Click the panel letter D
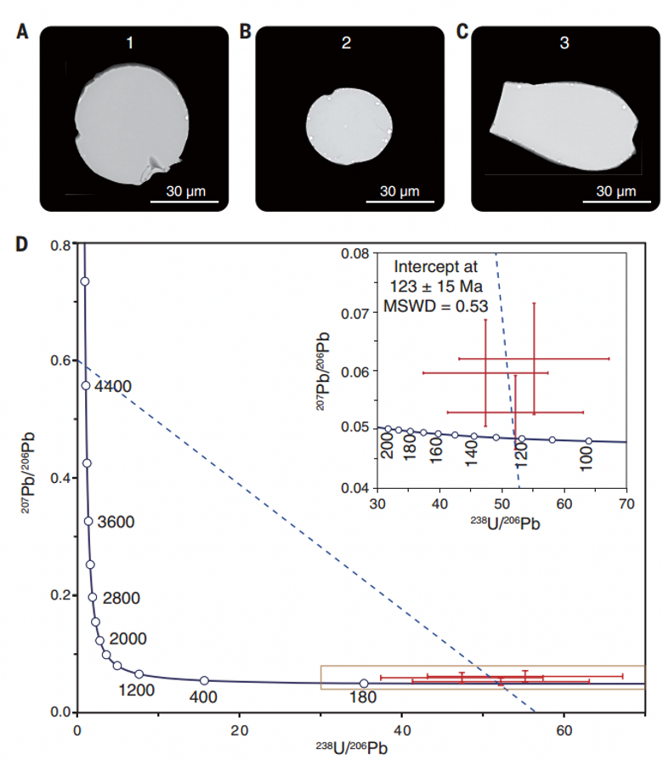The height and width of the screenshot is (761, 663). tap(23, 244)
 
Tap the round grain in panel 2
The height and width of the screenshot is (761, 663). tap(349, 128)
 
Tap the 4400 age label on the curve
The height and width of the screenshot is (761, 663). tap(113, 387)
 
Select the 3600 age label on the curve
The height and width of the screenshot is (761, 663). tap(115, 521)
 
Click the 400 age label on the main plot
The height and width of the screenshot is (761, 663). tap(204, 697)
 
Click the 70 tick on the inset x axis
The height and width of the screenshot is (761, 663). tap(626, 503)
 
